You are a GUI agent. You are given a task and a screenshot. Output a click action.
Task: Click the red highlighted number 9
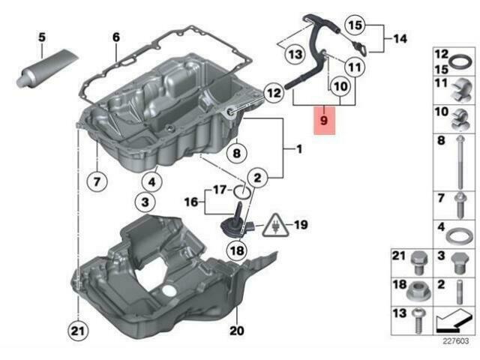pos(324,120)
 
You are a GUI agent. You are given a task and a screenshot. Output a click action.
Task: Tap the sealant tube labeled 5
pos(48,68)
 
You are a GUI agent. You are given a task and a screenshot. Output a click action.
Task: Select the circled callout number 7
pos(97,181)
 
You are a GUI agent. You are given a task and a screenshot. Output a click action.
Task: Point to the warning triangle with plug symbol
pos(275,226)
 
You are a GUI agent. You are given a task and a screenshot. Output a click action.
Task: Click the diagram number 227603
pos(455,341)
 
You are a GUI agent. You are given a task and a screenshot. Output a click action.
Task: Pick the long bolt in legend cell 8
pos(460,163)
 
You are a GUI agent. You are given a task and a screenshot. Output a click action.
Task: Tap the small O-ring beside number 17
pos(243,193)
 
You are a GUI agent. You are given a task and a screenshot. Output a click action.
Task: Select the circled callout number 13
pos(295,55)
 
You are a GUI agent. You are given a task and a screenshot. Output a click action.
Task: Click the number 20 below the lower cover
pos(237,331)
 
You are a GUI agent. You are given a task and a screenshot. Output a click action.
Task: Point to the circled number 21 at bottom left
pos(78,331)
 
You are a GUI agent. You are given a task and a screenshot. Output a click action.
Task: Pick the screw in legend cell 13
pos(418,322)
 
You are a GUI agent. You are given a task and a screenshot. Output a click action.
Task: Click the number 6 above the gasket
pos(116,37)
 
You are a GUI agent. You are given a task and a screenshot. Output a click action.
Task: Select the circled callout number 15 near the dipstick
pos(355,25)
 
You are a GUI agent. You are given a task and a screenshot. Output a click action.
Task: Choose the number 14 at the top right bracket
pos(400,38)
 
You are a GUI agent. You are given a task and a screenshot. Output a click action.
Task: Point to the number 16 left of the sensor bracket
pos(191,202)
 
